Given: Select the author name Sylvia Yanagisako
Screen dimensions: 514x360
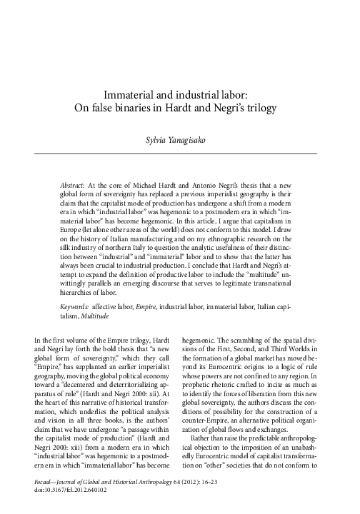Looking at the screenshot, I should pos(179,140).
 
